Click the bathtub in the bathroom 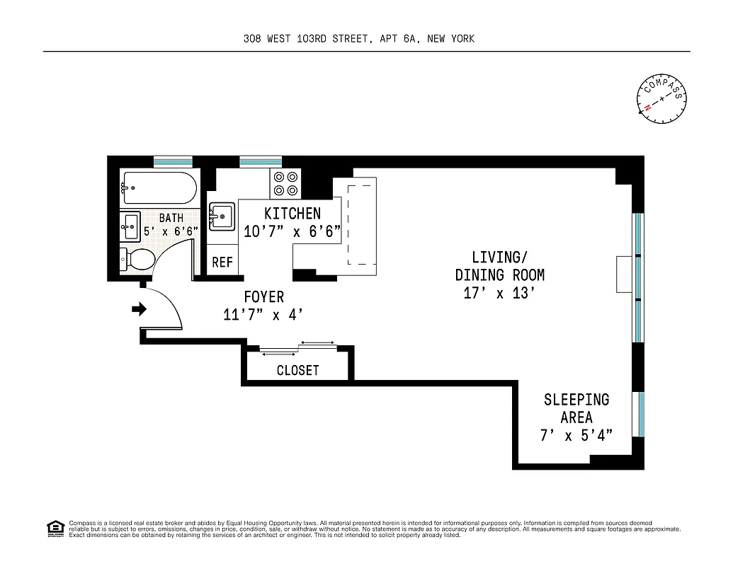(157, 187)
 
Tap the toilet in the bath (140, 260)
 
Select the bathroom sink (131, 226)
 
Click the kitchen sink (222, 216)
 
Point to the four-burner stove (285, 184)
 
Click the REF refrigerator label (222, 262)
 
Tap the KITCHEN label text (292, 213)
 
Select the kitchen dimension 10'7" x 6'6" (292, 231)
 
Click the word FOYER (264, 297)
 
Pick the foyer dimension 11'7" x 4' (265, 315)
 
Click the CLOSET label (297, 370)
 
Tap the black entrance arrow (139, 308)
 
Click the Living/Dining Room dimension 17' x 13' (499, 293)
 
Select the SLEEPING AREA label (576, 408)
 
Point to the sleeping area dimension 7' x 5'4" (576, 435)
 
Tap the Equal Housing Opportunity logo (55, 528)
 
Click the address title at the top (358, 39)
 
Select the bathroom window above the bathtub (173, 161)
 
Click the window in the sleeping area (639, 414)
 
